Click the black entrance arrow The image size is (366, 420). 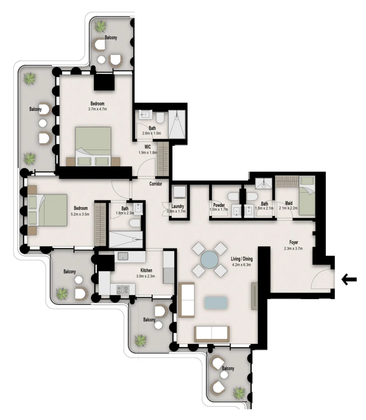click(349, 279)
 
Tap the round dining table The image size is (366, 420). click(210, 259)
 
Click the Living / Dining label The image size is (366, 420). click(242, 259)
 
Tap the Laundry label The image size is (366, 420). click(178, 206)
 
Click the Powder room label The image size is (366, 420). click(219, 205)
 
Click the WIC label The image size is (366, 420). click(148, 147)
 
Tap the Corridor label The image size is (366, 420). click(155, 184)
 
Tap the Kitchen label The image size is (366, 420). click(146, 270)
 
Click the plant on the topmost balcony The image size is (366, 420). click(100, 27)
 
